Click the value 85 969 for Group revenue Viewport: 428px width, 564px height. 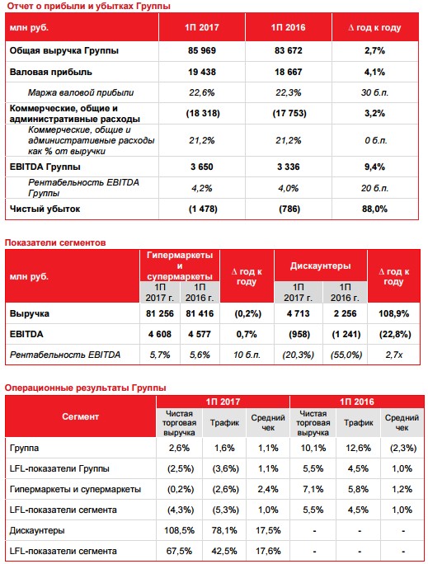[x=202, y=51]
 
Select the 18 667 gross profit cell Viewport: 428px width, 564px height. [x=289, y=72]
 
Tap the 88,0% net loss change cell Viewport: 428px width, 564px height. [x=374, y=209]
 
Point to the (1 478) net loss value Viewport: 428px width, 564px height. [x=203, y=209]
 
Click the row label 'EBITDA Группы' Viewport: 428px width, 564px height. [x=45, y=167]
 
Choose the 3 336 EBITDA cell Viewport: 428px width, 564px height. [x=289, y=167]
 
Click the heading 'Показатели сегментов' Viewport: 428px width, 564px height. [x=55, y=242]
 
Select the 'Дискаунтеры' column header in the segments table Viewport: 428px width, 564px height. [x=320, y=266]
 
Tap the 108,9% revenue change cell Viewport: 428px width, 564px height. [x=394, y=313]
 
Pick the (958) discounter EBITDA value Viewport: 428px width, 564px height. [x=299, y=335]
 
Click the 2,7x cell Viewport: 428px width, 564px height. [x=394, y=355]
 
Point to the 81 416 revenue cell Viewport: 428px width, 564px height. [x=200, y=313]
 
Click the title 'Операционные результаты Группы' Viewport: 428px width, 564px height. [x=86, y=388]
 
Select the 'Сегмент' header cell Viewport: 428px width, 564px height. [x=80, y=416]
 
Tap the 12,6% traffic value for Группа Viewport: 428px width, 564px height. [x=358, y=449]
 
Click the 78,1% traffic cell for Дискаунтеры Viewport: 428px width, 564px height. [x=224, y=530]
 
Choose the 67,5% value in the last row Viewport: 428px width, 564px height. [x=179, y=551]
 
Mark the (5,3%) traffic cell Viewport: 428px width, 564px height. [x=225, y=510]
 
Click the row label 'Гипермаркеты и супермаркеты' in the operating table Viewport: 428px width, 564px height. [x=75, y=490]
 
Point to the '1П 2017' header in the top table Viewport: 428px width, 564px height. [x=202, y=28]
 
